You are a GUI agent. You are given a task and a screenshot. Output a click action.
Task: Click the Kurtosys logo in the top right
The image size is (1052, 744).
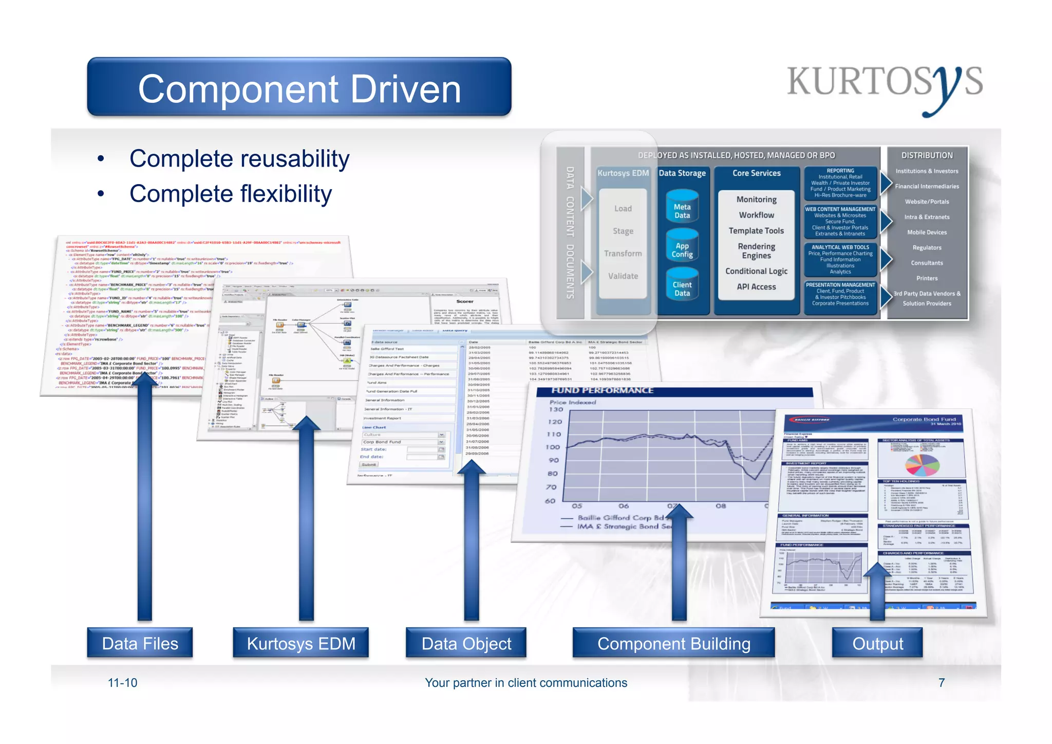(x=885, y=85)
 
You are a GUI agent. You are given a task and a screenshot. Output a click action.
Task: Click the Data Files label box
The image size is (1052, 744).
(x=140, y=643)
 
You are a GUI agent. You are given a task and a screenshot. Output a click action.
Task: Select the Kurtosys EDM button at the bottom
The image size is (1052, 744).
(x=301, y=643)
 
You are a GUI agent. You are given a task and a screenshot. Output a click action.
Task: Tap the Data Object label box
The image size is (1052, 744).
(x=466, y=643)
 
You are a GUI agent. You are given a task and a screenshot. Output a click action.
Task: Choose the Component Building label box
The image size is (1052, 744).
(x=673, y=643)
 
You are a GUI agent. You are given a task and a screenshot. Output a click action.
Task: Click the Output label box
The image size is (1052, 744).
(x=877, y=643)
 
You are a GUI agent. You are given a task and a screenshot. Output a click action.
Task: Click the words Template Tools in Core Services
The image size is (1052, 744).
(x=756, y=231)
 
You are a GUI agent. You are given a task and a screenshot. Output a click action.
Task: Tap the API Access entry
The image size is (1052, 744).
(x=756, y=287)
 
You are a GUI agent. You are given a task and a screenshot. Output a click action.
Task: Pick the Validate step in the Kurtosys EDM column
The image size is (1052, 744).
(x=623, y=276)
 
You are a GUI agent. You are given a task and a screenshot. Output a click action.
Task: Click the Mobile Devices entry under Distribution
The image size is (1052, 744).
(x=927, y=232)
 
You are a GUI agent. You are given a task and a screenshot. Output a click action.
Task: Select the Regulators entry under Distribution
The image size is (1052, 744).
(x=927, y=248)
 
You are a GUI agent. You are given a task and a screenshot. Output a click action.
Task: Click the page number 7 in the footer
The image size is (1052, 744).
(x=941, y=683)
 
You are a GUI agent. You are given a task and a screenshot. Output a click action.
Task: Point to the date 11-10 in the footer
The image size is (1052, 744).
(x=122, y=683)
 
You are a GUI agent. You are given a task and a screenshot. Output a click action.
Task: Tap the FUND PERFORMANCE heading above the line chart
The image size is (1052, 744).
(x=602, y=391)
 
